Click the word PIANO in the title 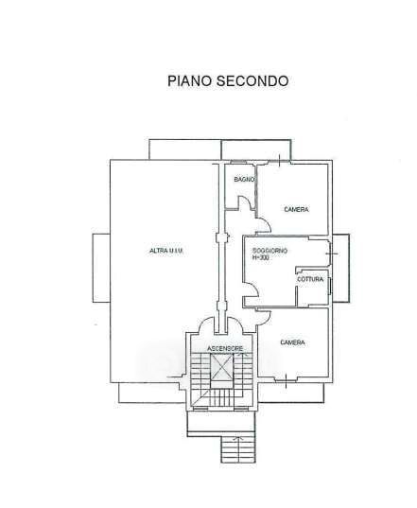(190, 80)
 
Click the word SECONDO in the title (252, 80)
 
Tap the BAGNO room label (244, 179)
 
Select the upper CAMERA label (296, 210)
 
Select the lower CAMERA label (293, 342)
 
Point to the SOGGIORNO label (270, 251)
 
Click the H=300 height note (261, 258)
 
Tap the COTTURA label (310, 279)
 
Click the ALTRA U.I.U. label (166, 251)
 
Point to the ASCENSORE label (225, 349)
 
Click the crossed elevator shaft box (221, 367)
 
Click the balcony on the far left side (101, 269)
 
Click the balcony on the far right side (341, 269)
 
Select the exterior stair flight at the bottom (238, 449)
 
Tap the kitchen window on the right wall (330, 287)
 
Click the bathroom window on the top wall (238, 162)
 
